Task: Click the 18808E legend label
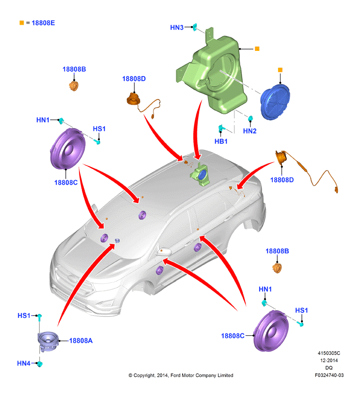click(43, 23)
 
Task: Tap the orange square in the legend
click(22, 23)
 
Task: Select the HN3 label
click(177, 28)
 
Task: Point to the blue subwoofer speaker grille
click(275, 102)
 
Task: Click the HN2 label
click(250, 131)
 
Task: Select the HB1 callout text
click(221, 141)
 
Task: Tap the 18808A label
click(81, 341)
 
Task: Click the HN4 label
click(24, 363)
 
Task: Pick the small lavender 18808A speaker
click(48, 341)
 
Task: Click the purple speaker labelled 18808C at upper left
click(68, 149)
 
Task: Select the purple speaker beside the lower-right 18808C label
click(271, 331)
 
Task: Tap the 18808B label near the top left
click(74, 69)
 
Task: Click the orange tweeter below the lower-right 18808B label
click(277, 268)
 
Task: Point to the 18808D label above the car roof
click(134, 79)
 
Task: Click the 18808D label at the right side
click(282, 180)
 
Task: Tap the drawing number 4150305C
click(329, 353)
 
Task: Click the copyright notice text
click(181, 375)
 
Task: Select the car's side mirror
click(164, 252)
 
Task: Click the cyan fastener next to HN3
click(195, 27)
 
